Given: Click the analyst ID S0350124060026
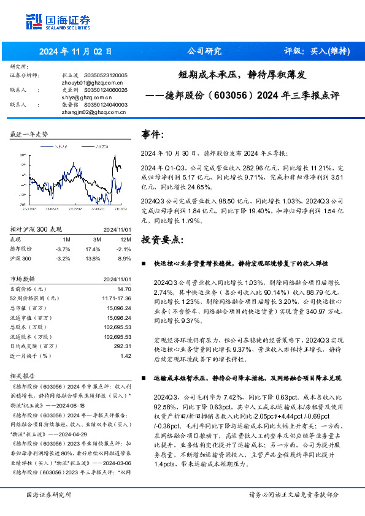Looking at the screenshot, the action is [x=101, y=89].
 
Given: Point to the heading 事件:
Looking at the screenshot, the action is [x=153, y=134].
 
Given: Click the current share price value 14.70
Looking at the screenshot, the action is [x=124, y=289].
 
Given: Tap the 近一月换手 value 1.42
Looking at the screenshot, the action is [x=126, y=355].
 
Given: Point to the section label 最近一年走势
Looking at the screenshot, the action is [x=29, y=134].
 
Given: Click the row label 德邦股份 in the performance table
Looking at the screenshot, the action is [x=21, y=249].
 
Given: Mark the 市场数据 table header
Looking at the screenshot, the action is [x=23, y=279].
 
